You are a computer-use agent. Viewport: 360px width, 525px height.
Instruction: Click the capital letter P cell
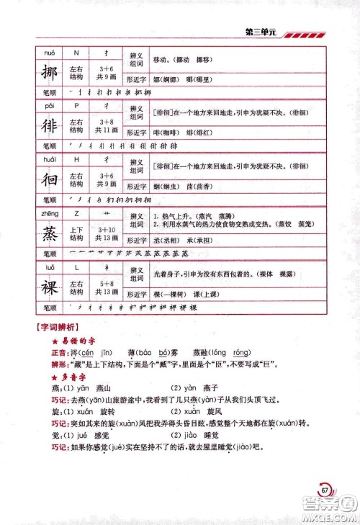76,106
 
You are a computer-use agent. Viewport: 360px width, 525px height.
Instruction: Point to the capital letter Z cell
76,213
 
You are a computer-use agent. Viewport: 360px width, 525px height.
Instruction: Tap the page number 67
325,490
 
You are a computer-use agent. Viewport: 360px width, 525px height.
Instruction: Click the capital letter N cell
76,53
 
